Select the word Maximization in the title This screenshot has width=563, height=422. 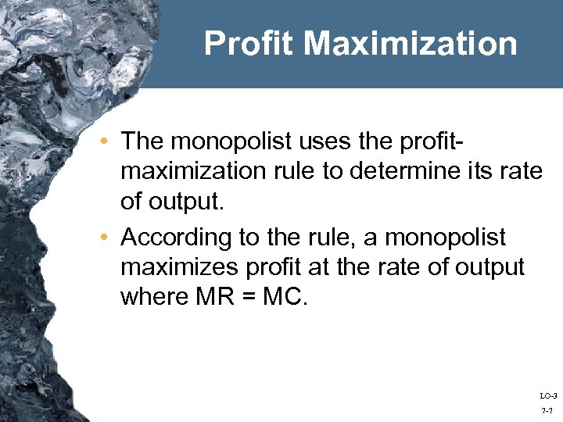[411, 44]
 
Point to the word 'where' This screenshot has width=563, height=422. [150, 296]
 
